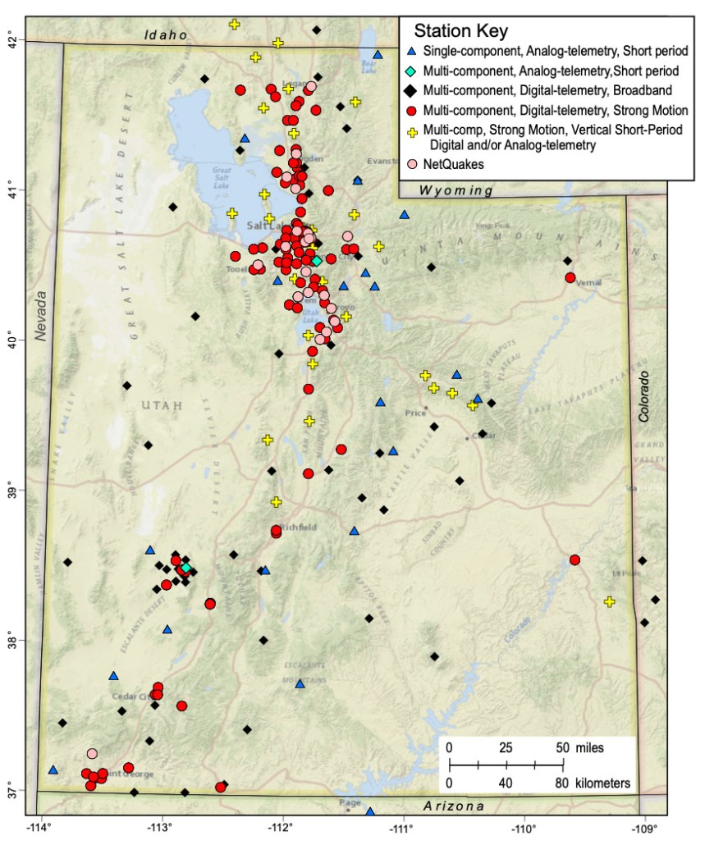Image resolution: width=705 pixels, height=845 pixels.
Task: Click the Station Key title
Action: (x=460, y=33)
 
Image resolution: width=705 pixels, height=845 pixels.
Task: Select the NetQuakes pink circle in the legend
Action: (x=413, y=164)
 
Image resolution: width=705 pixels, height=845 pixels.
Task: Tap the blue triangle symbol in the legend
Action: (x=413, y=53)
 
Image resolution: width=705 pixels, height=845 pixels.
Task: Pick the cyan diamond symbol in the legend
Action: (x=413, y=71)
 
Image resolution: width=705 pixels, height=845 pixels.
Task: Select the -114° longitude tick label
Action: (x=39, y=824)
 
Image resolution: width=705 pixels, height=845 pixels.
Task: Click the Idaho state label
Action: (x=166, y=34)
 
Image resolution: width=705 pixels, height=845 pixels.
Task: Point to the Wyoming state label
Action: (x=456, y=190)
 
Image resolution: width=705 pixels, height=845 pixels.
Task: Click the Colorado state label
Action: (x=644, y=396)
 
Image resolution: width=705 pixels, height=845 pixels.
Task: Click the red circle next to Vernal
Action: (x=570, y=277)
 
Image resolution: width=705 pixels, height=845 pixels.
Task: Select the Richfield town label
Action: (x=297, y=526)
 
